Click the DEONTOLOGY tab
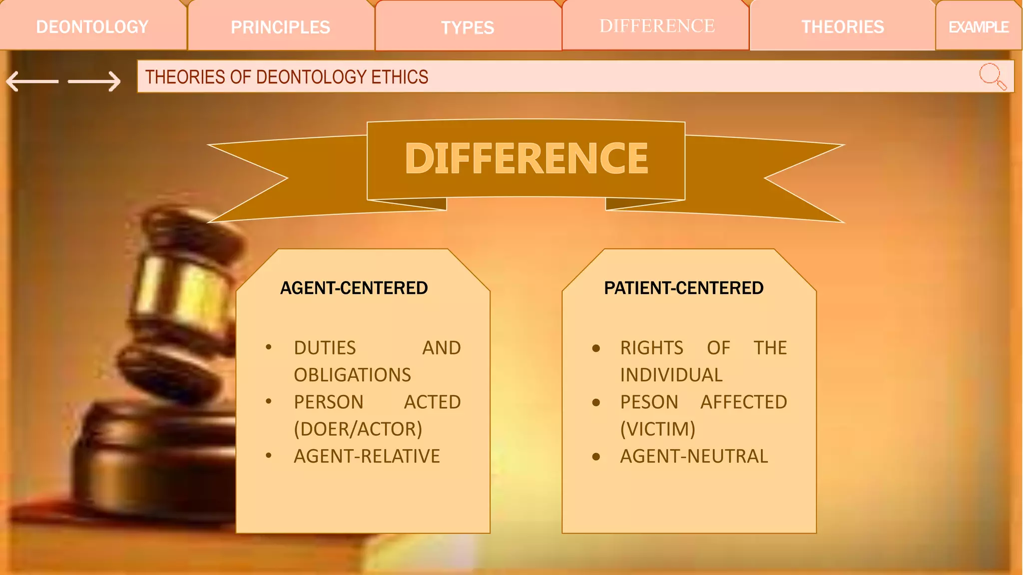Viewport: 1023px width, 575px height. (x=92, y=27)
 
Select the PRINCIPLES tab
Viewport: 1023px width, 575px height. (x=280, y=27)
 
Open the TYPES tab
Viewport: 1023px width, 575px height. (x=468, y=27)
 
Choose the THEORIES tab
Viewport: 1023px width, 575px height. (x=843, y=27)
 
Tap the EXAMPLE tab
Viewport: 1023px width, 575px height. (x=979, y=27)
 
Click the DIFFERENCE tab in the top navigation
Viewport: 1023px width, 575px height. (x=657, y=26)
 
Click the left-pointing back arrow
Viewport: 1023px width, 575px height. (x=32, y=81)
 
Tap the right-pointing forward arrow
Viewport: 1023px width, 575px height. (x=94, y=81)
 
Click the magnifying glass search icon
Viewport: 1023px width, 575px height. (x=992, y=76)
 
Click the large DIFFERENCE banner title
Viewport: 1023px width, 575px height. (x=526, y=159)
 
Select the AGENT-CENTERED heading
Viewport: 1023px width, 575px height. (x=354, y=288)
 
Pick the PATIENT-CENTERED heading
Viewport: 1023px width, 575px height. (x=683, y=288)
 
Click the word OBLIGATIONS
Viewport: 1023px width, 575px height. (x=352, y=375)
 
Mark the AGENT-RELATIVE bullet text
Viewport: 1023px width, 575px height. (x=367, y=456)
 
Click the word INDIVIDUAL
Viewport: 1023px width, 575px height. (x=671, y=375)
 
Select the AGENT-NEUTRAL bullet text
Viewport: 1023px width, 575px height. (x=694, y=456)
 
